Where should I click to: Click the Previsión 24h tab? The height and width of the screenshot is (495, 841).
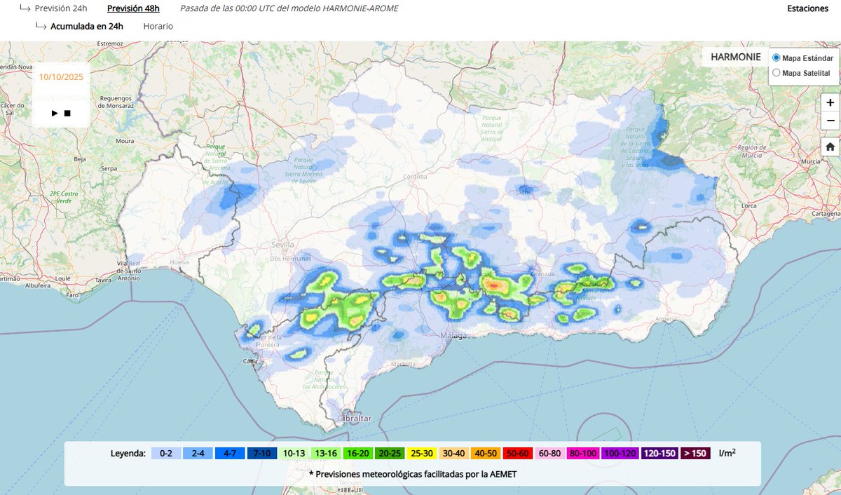tap(61, 8)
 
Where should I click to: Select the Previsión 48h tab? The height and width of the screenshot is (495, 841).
tap(133, 8)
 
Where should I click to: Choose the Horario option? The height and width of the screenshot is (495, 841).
tap(158, 26)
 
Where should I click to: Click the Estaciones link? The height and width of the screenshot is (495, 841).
tap(808, 8)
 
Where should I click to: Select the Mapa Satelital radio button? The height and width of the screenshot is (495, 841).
tap(776, 73)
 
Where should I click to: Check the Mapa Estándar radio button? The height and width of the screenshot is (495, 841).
tap(776, 57)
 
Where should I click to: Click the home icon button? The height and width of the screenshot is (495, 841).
tap(830, 147)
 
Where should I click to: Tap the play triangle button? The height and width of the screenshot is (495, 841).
tap(55, 113)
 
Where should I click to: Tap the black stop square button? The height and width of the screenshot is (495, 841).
tap(67, 113)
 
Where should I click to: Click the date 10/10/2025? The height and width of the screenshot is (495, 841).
tap(61, 77)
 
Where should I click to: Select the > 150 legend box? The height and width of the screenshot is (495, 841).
tap(695, 453)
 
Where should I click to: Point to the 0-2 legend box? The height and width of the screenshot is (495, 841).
tap(166, 453)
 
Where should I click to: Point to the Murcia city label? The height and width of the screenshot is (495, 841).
tap(811, 161)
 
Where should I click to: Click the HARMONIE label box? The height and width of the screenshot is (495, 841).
tap(735, 57)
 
